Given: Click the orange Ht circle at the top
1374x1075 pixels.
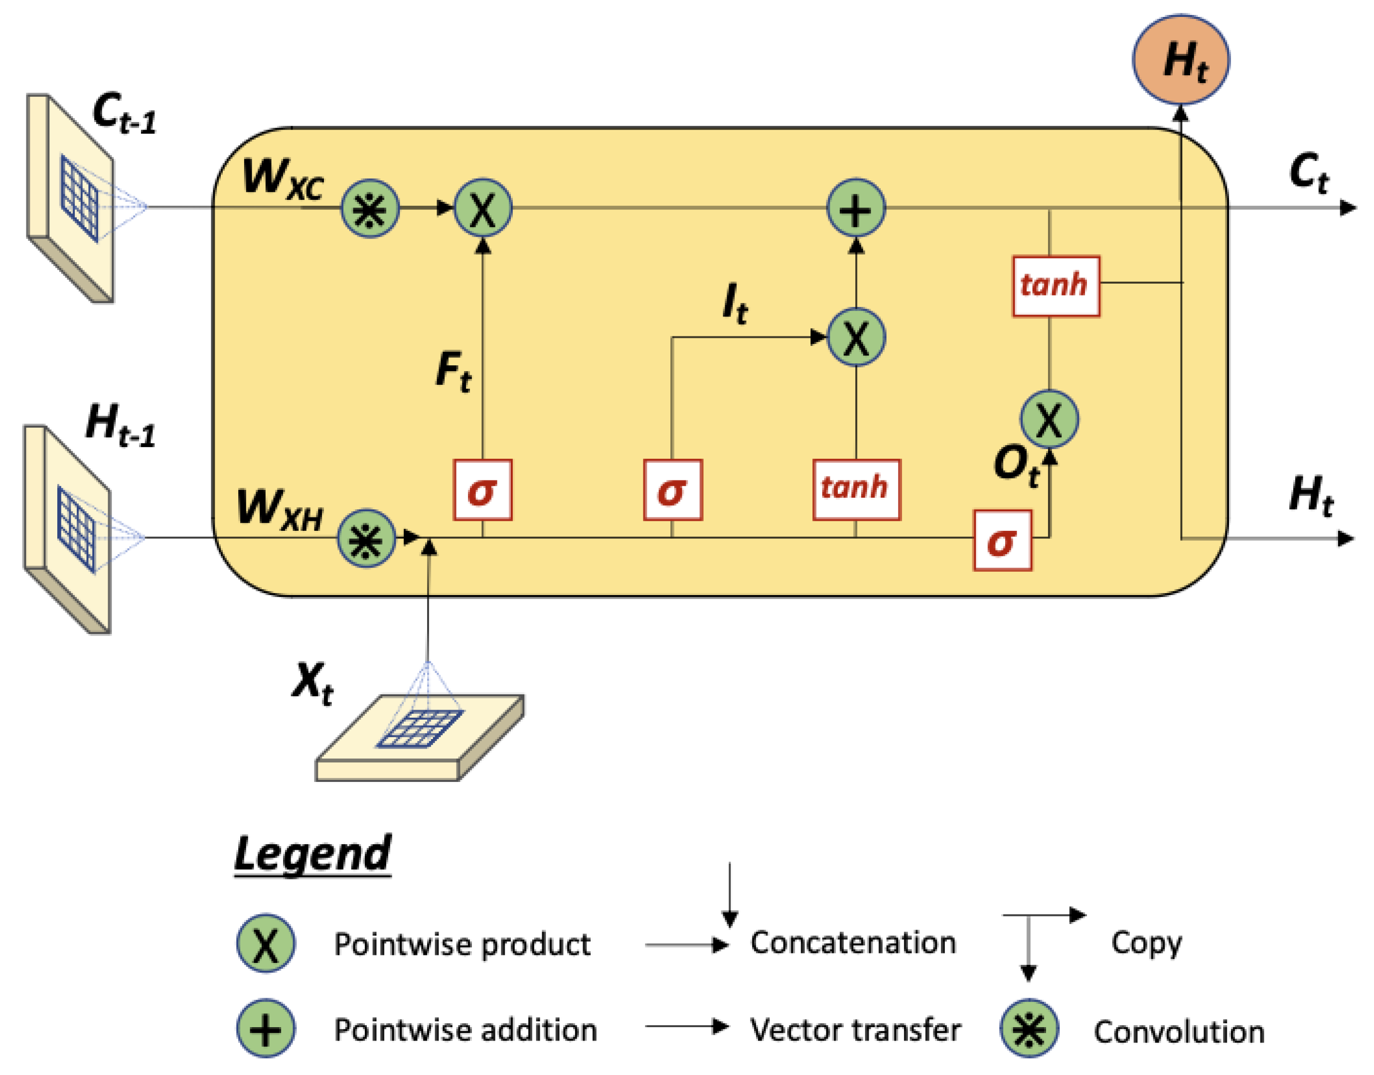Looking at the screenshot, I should tap(1180, 60).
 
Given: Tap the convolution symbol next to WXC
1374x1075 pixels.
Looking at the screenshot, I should tap(370, 209).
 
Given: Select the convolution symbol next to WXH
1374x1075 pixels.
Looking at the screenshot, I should tap(366, 539).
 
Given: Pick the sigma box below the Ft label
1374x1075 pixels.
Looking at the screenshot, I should tap(483, 490).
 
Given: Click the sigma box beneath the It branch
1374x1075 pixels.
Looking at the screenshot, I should tap(673, 490).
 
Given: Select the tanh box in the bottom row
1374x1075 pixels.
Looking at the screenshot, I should tap(856, 490).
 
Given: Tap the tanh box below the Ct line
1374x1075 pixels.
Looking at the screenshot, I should tap(1056, 286).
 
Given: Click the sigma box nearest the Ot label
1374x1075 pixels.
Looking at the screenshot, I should tap(1002, 541).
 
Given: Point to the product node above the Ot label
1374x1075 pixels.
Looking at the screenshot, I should tap(1049, 419).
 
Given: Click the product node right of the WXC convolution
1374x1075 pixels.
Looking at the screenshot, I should tap(483, 209).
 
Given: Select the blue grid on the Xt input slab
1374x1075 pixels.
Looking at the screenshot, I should tap(420, 729).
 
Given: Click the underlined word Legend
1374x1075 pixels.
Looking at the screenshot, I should tap(313, 855).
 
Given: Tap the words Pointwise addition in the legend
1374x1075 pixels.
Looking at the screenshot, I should tap(465, 1030).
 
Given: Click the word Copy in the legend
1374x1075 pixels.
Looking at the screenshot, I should tap(1146, 943).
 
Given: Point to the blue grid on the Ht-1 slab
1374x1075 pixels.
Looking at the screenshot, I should tap(76, 529).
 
